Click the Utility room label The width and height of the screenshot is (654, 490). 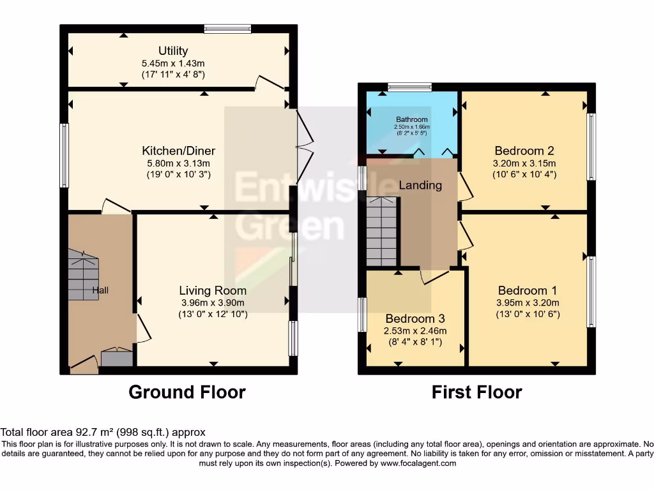click(173, 51)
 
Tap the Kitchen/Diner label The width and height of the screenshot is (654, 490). click(179, 151)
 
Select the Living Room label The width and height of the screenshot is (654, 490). click(213, 290)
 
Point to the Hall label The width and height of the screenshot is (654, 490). click(100, 290)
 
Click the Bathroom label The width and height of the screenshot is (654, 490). click(412, 119)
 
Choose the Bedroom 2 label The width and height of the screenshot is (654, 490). click(524, 151)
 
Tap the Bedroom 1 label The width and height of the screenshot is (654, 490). click(527, 290)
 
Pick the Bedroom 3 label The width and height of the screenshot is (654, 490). click(415, 319)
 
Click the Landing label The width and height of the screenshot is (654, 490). click(420, 185)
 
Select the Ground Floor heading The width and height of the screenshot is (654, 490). click(187, 392)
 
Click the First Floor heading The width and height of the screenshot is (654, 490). click(476, 392)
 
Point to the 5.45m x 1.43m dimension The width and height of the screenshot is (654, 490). click(173, 64)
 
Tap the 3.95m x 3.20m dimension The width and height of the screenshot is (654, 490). click(528, 303)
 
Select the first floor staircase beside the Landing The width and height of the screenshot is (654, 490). click(381, 232)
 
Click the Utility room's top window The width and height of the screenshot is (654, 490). click(228, 29)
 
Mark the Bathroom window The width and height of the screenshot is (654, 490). click(409, 87)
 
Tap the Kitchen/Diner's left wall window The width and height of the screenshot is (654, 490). click(64, 156)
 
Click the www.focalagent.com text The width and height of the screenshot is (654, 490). click(418, 463)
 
